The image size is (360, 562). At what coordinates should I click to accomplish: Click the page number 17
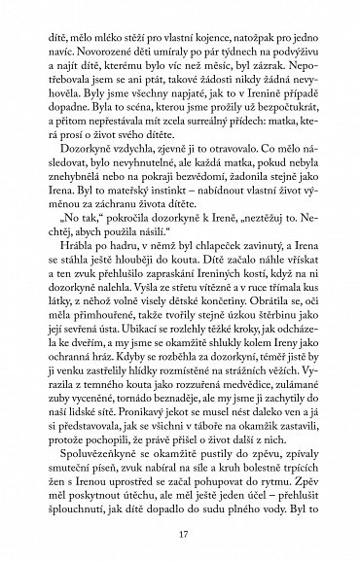180,532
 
